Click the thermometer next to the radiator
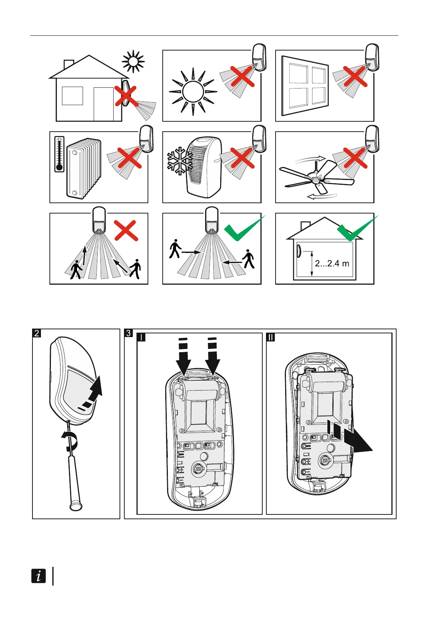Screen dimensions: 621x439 [x=59, y=154]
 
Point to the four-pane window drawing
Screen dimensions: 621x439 [x=305, y=86]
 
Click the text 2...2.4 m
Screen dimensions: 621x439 [x=332, y=263]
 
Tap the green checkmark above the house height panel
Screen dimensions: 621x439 [x=356, y=229]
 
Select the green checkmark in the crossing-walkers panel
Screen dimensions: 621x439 [x=243, y=229]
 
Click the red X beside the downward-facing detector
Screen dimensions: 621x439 [x=126, y=231]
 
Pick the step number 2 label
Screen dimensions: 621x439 [x=37, y=333]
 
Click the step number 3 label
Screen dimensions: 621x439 [x=128, y=333]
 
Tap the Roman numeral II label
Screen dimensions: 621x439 [x=271, y=337]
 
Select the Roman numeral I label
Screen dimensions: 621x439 [x=141, y=337]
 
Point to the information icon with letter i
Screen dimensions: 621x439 [x=39, y=576]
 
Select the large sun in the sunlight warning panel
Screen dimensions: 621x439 [x=193, y=91]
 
